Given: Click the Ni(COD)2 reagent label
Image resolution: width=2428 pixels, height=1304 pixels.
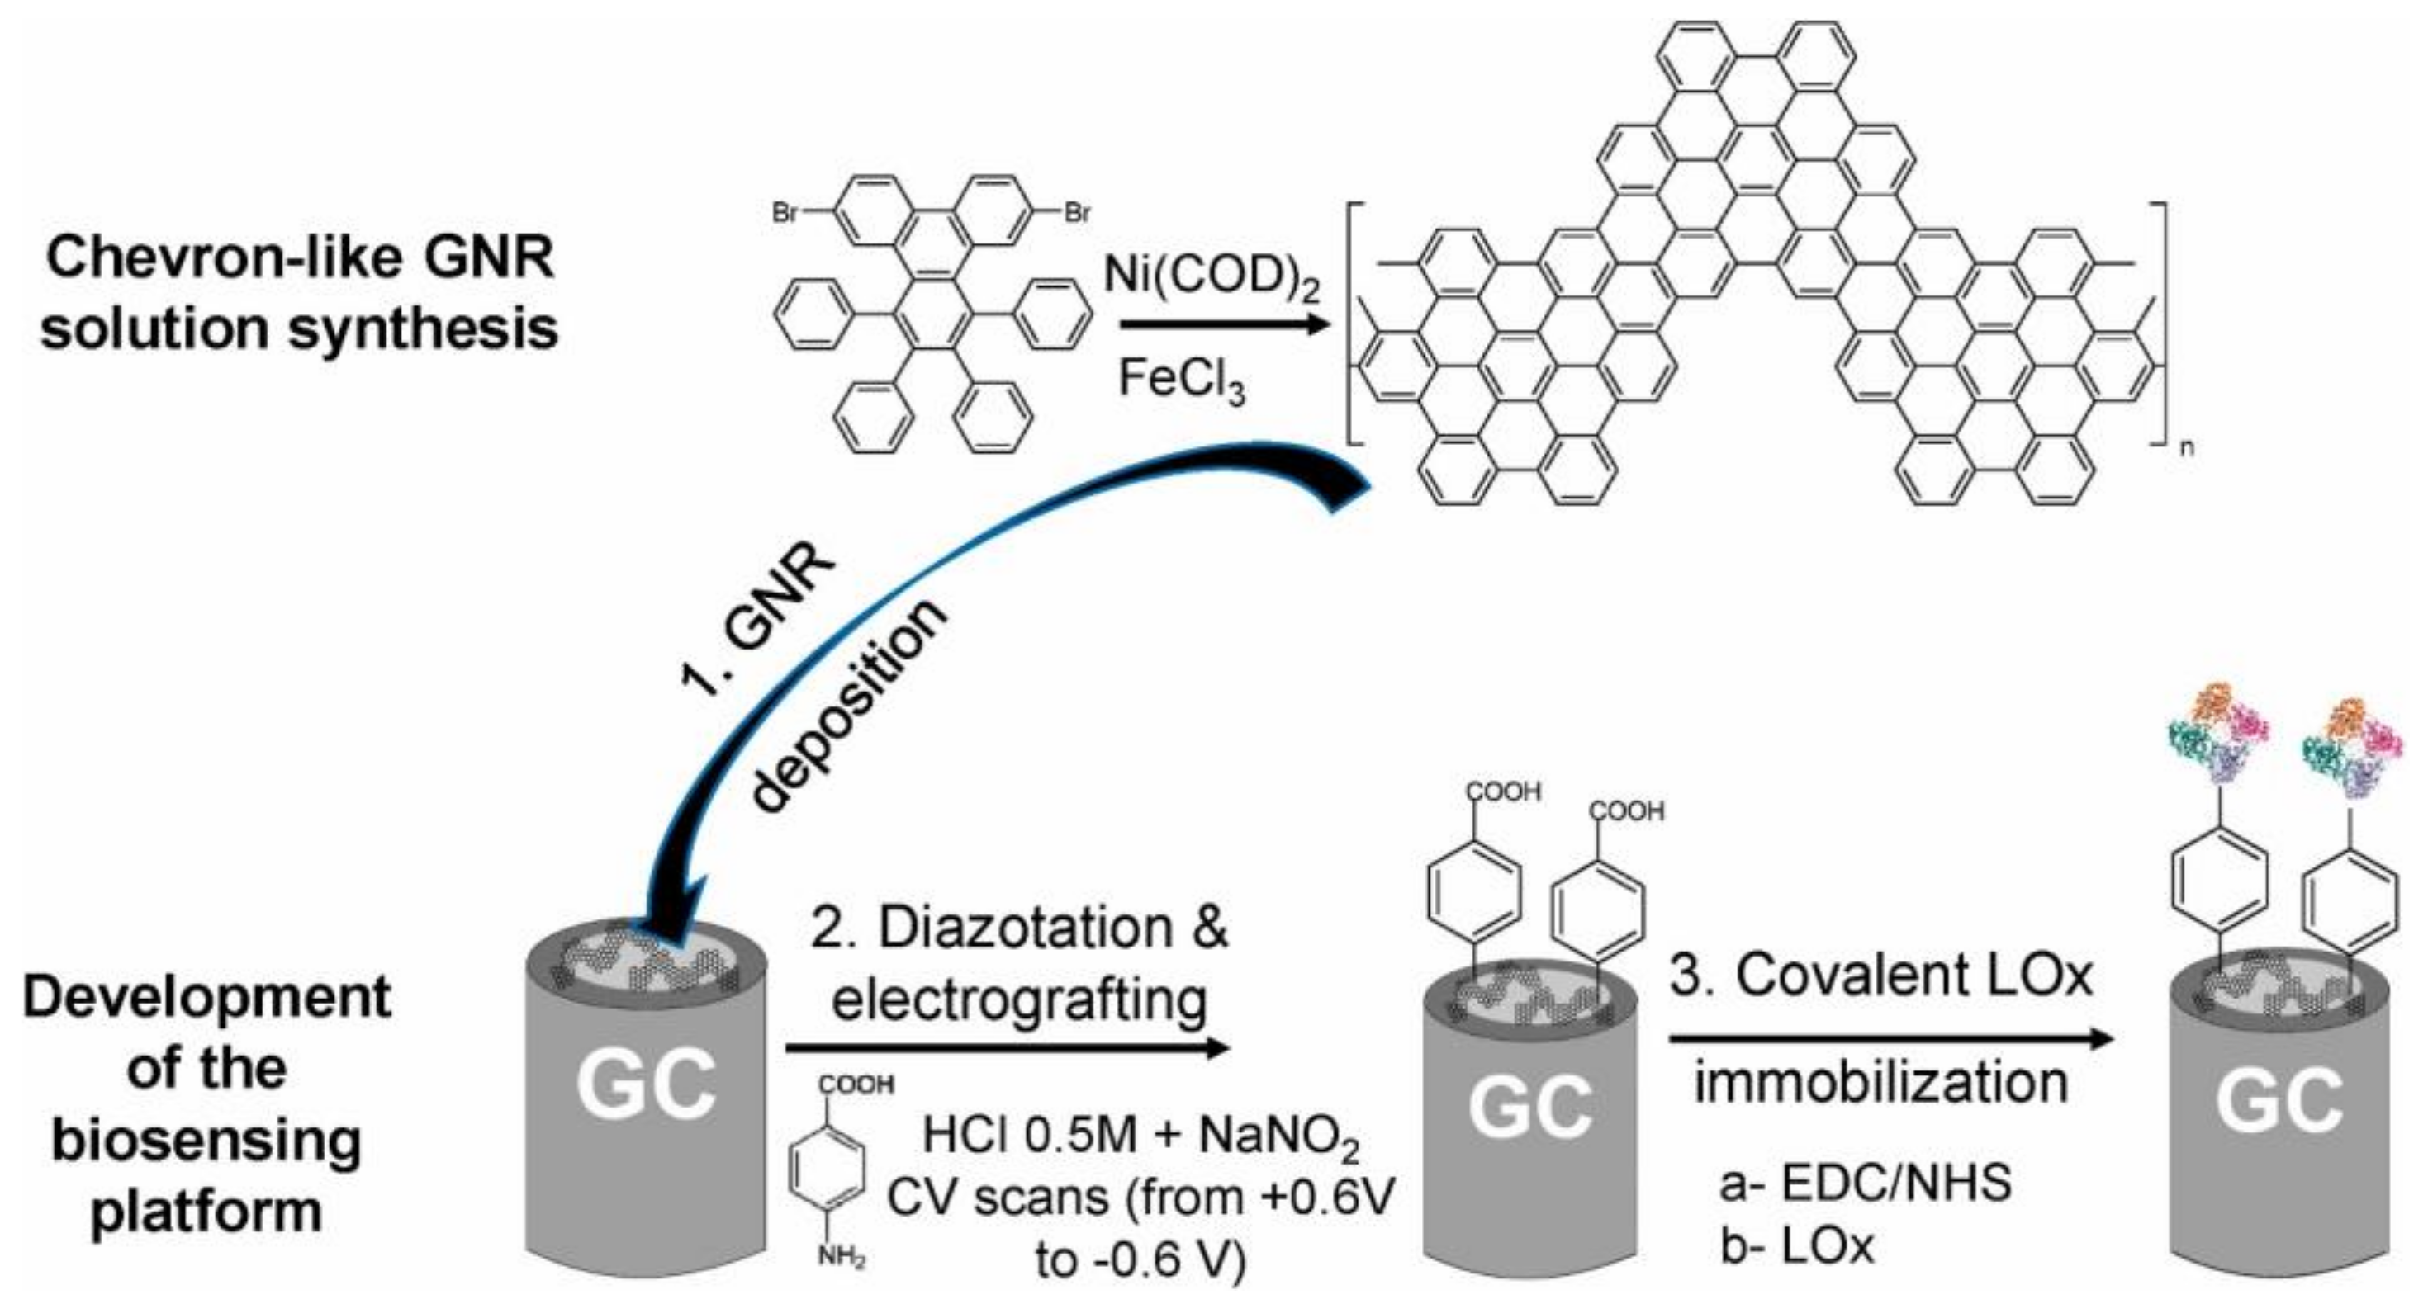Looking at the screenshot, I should [x=1212, y=278].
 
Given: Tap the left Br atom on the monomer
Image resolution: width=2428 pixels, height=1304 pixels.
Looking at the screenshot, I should [x=785, y=213].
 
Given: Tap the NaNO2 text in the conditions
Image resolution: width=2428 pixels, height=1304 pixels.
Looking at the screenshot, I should [x=1279, y=1138].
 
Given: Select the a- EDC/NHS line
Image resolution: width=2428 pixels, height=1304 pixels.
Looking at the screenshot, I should [x=1865, y=1184].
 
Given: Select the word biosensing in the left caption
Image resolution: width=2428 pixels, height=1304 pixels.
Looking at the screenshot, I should [x=206, y=1141].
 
